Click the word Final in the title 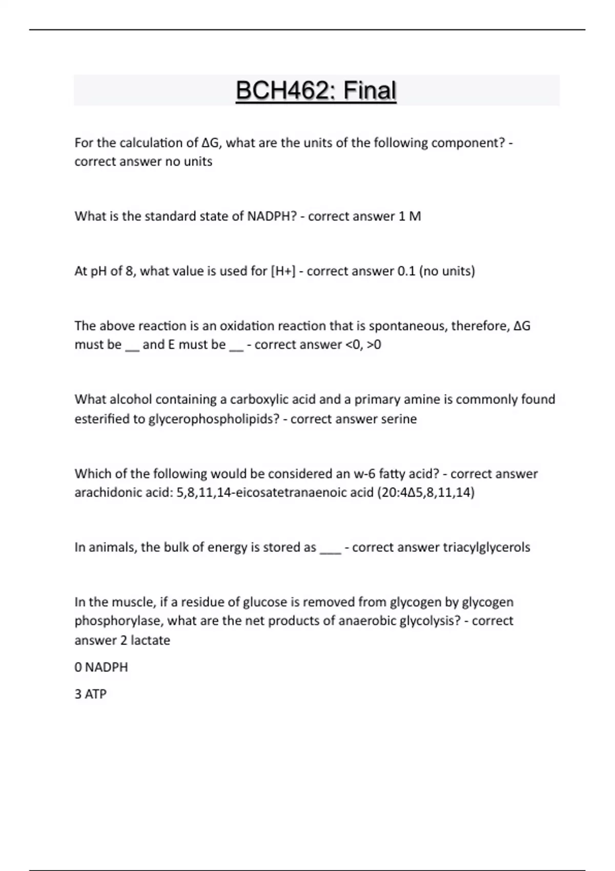(370, 91)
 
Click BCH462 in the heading (284, 91)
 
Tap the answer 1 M (409, 216)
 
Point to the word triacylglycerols (486, 547)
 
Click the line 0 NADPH (101, 667)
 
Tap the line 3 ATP (90, 694)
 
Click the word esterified (110, 419)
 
